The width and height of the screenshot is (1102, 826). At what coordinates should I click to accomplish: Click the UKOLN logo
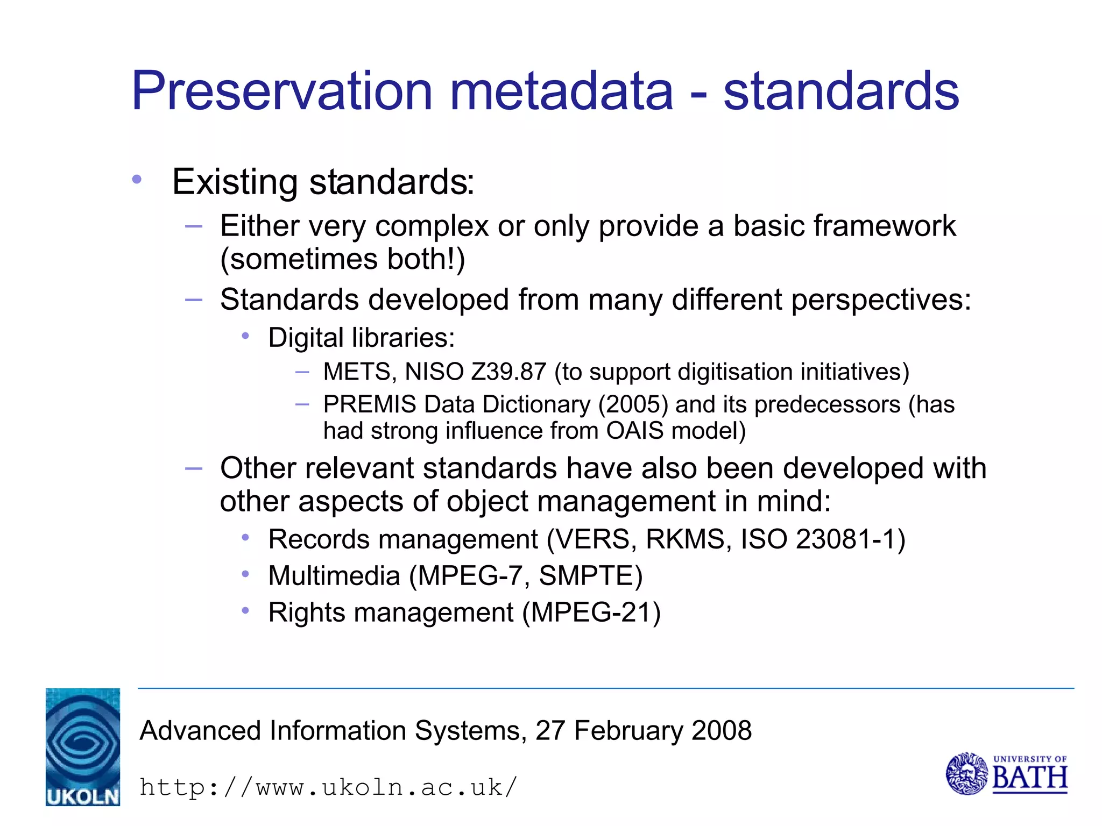(x=83, y=746)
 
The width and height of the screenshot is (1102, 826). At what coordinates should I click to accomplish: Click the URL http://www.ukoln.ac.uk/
(x=328, y=787)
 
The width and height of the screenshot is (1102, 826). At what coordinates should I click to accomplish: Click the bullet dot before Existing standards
(x=137, y=180)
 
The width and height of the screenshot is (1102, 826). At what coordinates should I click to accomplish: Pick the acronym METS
(x=357, y=372)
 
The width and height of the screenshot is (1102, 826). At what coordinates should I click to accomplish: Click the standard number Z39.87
(x=508, y=372)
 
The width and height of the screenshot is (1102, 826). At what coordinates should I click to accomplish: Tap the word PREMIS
(x=370, y=404)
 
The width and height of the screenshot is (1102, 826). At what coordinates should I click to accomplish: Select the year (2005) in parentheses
(x=633, y=404)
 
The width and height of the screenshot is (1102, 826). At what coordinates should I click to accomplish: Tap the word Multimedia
(x=334, y=576)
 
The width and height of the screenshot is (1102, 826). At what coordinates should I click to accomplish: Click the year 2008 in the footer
(x=721, y=731)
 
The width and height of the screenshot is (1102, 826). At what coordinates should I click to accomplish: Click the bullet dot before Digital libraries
(x=245, y=337)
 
